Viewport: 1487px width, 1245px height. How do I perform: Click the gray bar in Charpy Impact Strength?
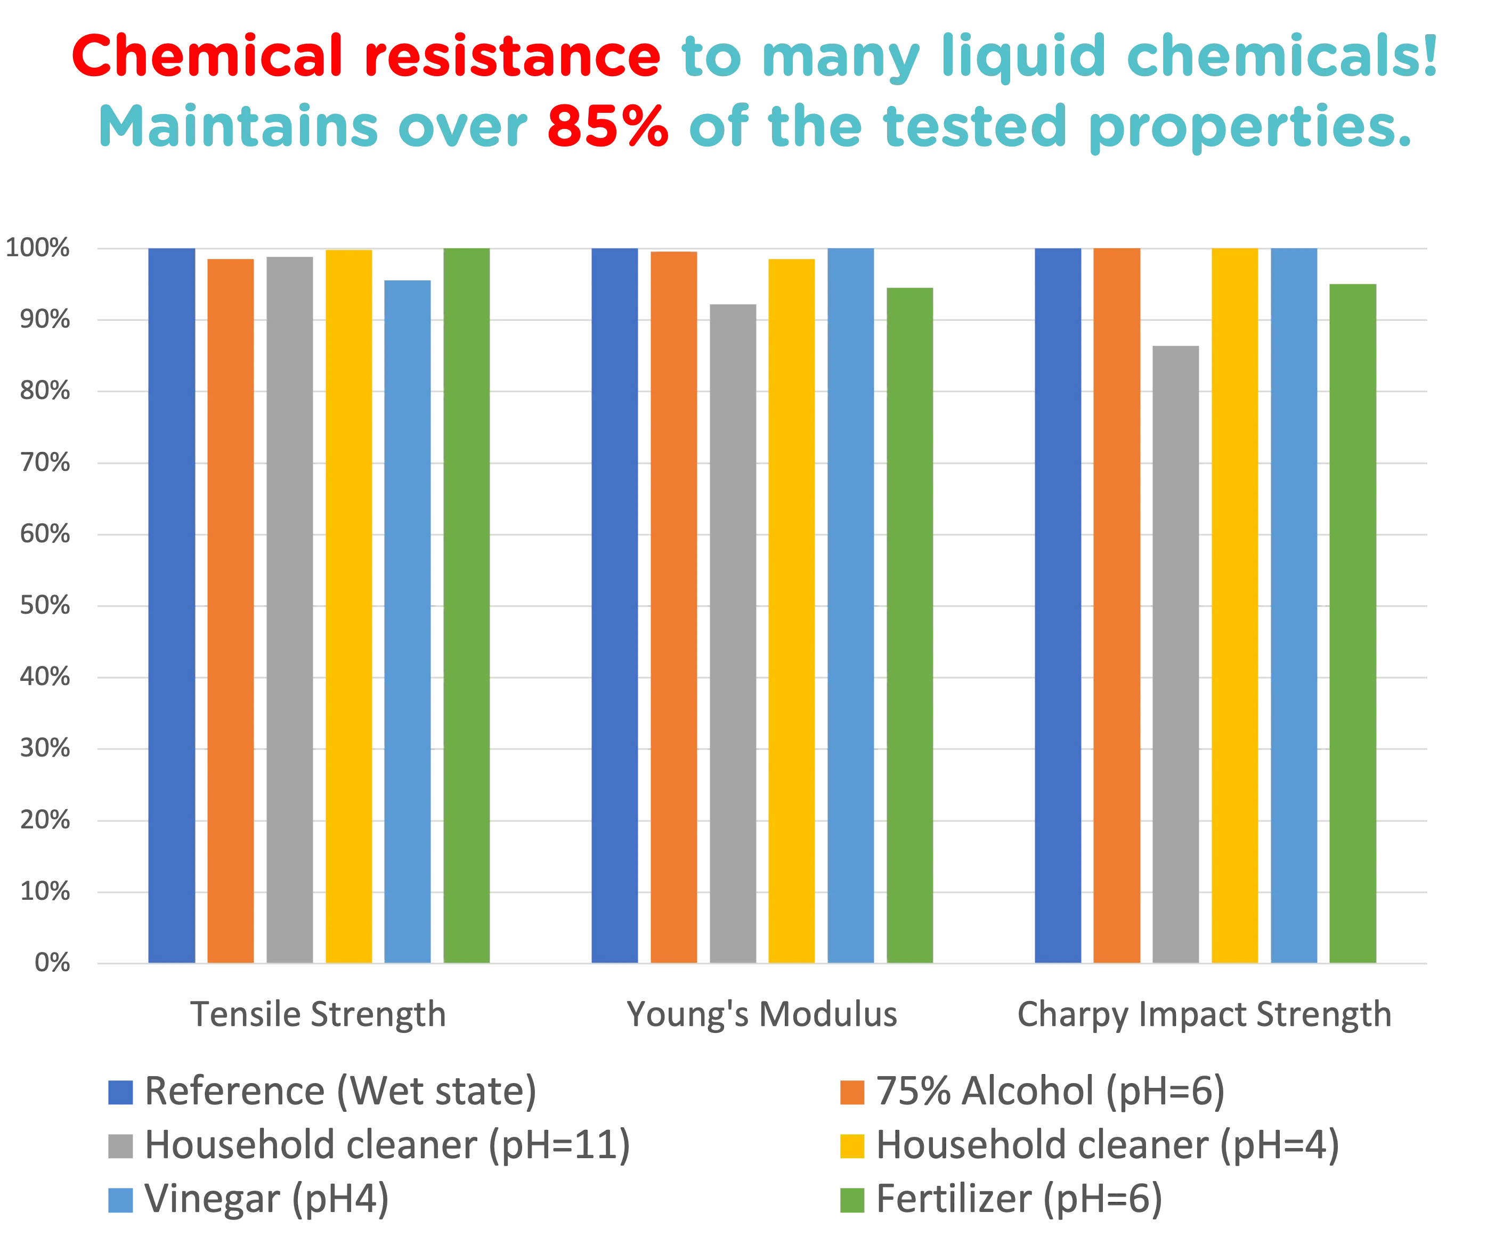coord(1175,654)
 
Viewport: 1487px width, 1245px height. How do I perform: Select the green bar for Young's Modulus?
coord(910,625)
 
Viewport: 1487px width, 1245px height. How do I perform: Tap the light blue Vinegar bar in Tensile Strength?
coord(407,622)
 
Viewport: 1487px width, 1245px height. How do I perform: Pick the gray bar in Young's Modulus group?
coord(733,634)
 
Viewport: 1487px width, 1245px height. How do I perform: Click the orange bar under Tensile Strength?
coord(230,611)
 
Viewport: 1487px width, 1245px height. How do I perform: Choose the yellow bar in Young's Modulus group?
coord(792,611)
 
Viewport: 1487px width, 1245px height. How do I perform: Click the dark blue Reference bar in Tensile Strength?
coord(172,606)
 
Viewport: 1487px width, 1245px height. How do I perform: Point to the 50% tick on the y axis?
coord(45,606)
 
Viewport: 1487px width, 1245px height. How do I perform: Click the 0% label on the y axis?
coord(52,963)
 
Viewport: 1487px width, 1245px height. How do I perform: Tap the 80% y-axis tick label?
coord(45,391)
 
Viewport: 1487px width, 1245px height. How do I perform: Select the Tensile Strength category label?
coord(319,1015)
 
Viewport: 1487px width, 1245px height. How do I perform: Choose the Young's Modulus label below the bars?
coord(762,1015)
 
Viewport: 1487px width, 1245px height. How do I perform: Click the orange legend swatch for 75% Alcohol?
coord(852,1092)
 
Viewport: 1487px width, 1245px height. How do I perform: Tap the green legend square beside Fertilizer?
coord(852,1200)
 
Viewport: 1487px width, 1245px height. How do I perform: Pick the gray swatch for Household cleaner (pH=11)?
coord(120,1146)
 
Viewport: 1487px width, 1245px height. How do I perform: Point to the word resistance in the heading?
coord(513,56)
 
